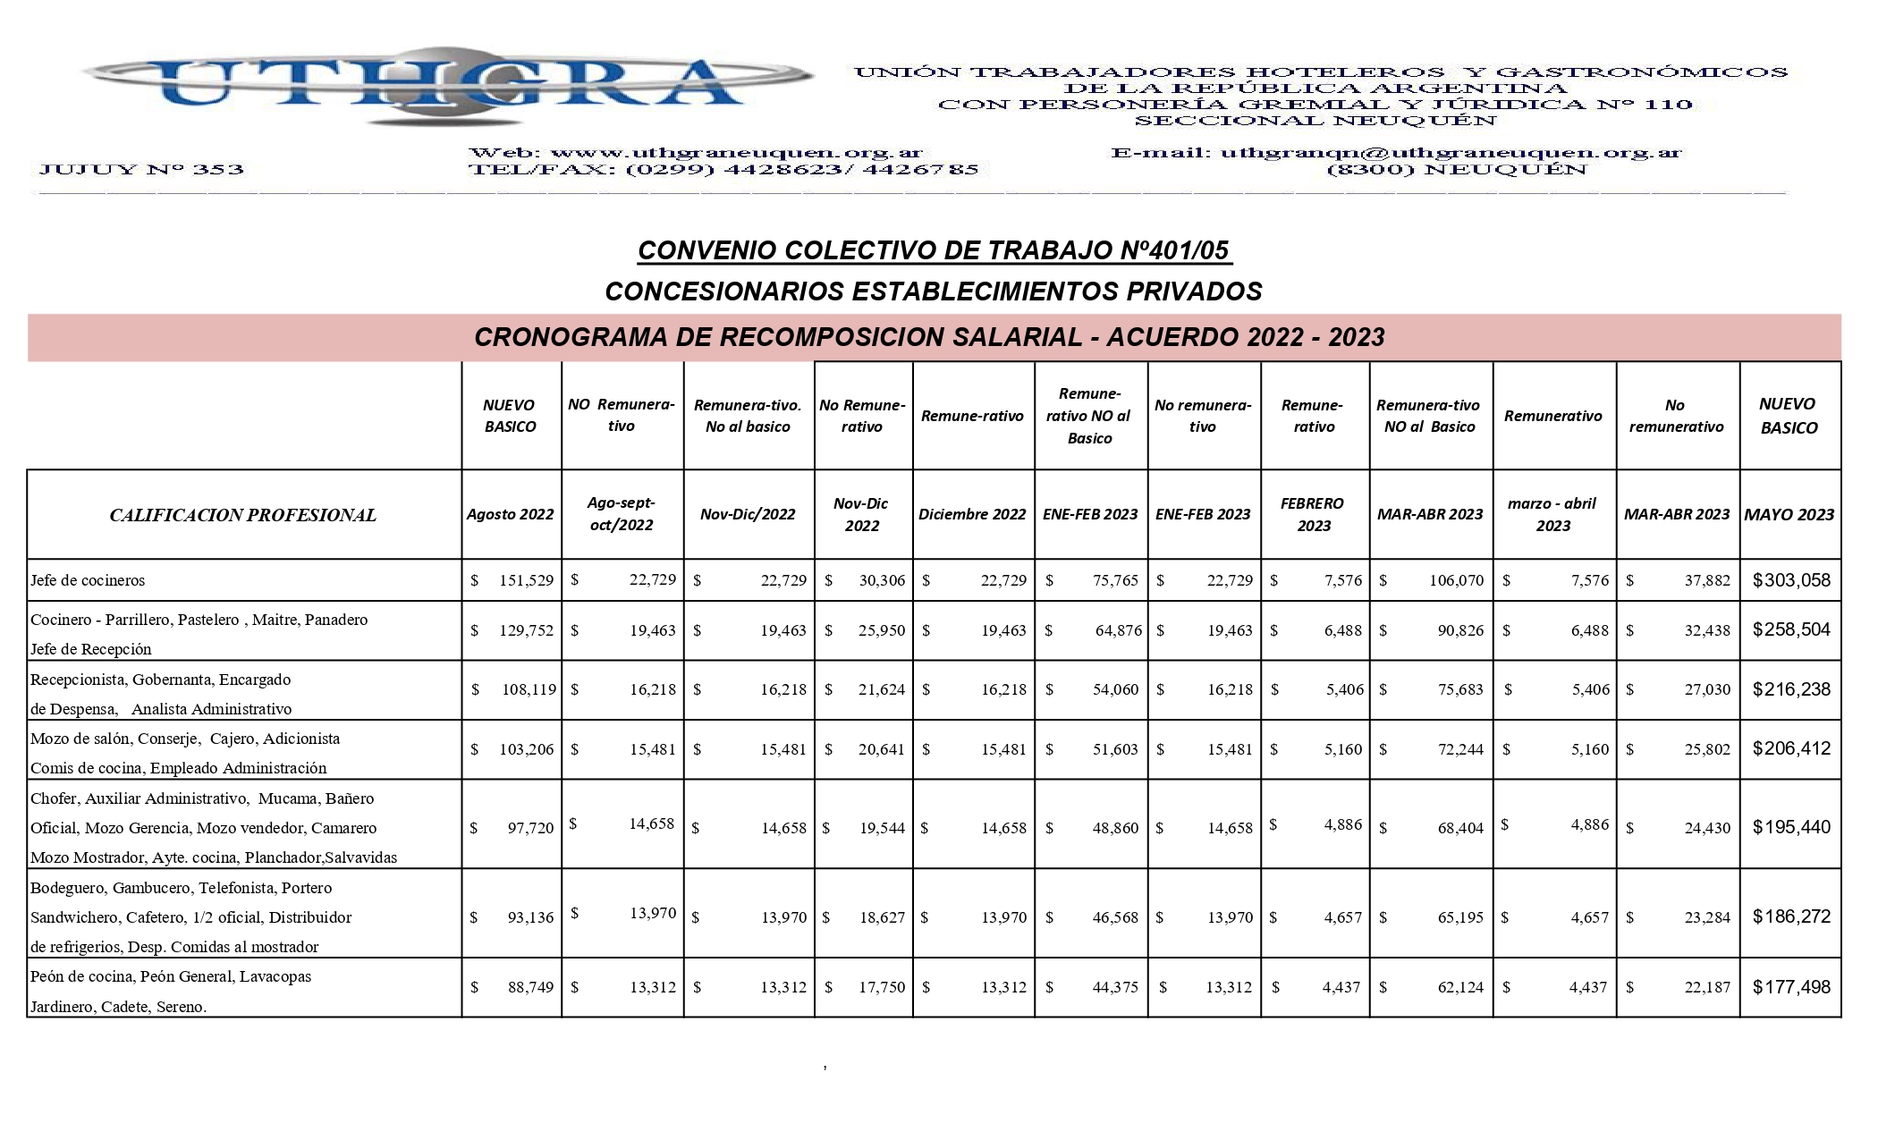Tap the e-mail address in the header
click(x=1450, y=153)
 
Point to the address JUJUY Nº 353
click(x=141, y=169)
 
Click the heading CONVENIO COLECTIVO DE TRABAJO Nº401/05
click(x=934, y=250)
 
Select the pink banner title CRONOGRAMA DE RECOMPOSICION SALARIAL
click(x=929, y=337)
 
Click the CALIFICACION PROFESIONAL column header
click(x=242, y=515)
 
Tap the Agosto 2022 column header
click(x=510, y=514)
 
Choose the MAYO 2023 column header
click(x=1789, y=514)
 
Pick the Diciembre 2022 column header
click(x=972, y=514)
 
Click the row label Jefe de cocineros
click(x=88, y=580)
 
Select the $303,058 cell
click(x=1791, y=580)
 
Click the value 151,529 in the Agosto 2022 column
click(x=526, y=580)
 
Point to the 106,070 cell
click(x=1456, y=580)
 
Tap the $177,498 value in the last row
click(x=1791, y=987)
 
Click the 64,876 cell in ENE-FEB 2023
click(x=1118, y=630)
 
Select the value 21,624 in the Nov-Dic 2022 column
click(x=881, y=689)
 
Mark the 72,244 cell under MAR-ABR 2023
click(x=1459, y=749)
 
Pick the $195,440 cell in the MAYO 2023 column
click(x=1791, y=827)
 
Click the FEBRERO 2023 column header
click(x=1313, y=514)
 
